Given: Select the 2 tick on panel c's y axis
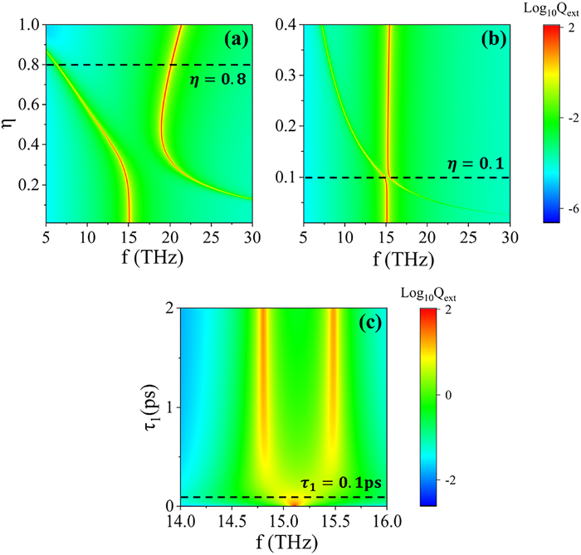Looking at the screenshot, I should pos(169,309).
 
